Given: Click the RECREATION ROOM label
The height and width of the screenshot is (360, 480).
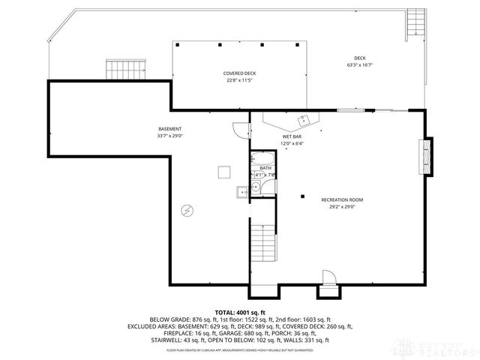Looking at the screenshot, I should pos(342,199).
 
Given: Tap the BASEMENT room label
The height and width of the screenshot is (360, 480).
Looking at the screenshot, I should pos(170,129).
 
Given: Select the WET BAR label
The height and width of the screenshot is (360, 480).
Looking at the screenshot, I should pos(292,136).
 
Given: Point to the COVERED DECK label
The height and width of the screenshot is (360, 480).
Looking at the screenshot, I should pos(240,73).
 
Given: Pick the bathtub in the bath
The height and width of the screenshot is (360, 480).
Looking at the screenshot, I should pos(263,159).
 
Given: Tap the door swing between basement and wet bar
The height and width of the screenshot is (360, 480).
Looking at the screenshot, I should pos(239,129).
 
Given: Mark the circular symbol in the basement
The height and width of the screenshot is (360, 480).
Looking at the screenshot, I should pos(187,211).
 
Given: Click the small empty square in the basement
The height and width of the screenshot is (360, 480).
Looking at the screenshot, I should pos(223,172).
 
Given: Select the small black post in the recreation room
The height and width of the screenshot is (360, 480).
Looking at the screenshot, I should pos(302,196).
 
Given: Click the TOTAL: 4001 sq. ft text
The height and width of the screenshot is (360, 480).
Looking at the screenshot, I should pos(240,312).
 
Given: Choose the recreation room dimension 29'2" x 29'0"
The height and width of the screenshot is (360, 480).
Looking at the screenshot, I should pos(342,207).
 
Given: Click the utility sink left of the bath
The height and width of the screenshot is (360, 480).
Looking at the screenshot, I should pos(242,192).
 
